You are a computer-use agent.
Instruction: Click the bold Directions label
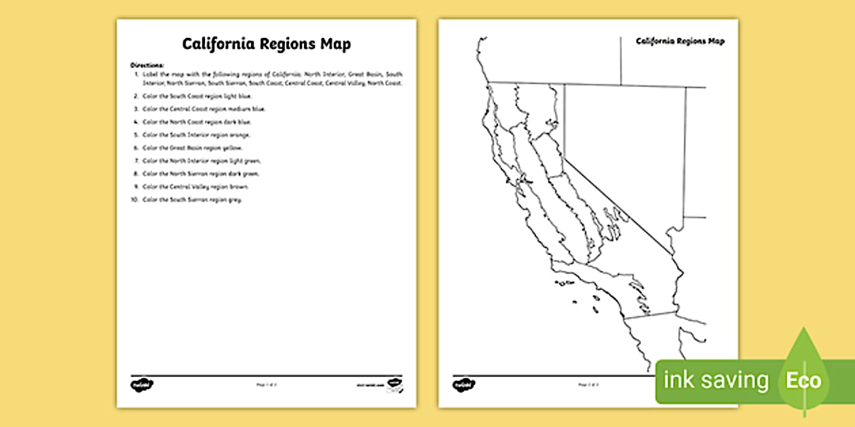click(x=143, y=65)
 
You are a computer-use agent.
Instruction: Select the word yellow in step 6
click(x=233, y=148)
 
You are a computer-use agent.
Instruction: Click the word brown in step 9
click(x=240, y=186)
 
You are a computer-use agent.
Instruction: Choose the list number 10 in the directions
click(x=134, y=200)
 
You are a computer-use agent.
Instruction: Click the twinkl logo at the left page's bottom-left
click(x=142, y=385)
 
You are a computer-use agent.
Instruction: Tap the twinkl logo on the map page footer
click(x=464, y=385)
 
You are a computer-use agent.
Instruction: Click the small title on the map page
click(x=680, y=41)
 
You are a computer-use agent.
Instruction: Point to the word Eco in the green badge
click(x=803, y=380)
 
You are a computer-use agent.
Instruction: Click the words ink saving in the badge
click(x=716, y=380)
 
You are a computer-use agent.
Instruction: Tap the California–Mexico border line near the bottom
click(x=650, y=315)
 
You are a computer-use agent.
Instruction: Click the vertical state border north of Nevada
click(x=620, y=61)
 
